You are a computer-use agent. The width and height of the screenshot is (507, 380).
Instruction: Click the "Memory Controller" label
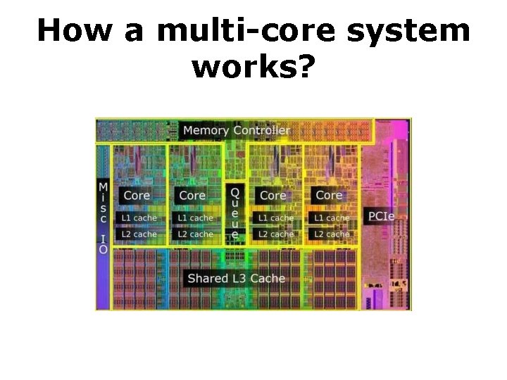[236, 130]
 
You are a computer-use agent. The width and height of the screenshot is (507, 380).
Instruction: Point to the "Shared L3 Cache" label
[236, 278]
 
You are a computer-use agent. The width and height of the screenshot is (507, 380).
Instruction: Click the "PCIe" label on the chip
[381, 216]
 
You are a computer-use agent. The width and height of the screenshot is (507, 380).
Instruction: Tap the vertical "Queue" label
[234, 212]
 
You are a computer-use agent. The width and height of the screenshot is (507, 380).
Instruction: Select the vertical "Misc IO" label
[104, 217]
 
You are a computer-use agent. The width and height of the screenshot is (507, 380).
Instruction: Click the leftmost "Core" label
[137, 195]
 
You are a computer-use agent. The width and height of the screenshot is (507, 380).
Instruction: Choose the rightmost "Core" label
[329, 195]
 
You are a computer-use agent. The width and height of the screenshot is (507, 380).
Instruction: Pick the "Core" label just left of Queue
[192, 195]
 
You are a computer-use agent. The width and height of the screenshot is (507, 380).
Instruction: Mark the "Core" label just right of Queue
[273, 195]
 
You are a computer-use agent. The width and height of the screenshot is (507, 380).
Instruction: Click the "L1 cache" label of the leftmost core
[139, 218]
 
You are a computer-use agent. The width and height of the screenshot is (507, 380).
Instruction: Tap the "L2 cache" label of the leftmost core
[139, 234]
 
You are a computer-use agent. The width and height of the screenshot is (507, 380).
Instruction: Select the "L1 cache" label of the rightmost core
[332, 218]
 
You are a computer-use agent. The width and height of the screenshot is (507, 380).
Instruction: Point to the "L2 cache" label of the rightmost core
[332, 234]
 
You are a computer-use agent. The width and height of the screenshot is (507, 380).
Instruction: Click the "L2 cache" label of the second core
[195, 234]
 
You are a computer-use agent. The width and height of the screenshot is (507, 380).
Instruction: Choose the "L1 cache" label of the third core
[276, 218]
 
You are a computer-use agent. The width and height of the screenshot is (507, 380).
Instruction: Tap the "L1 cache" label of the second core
[195, 218]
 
